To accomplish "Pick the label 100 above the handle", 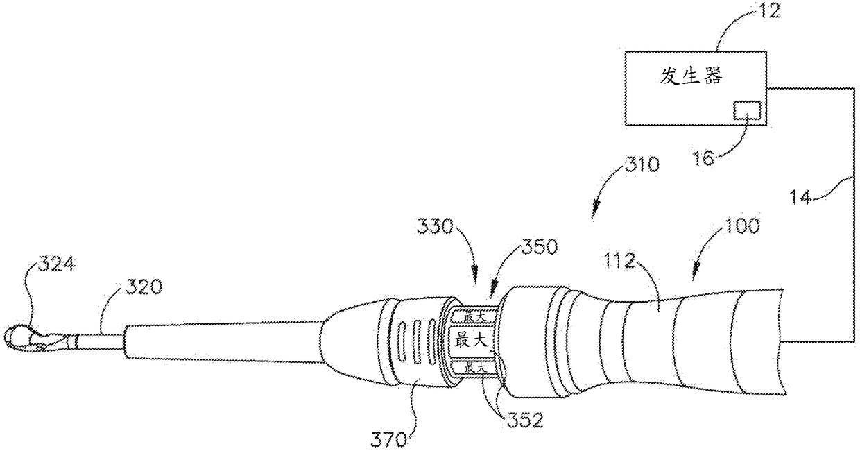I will click(x=742, y=226).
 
